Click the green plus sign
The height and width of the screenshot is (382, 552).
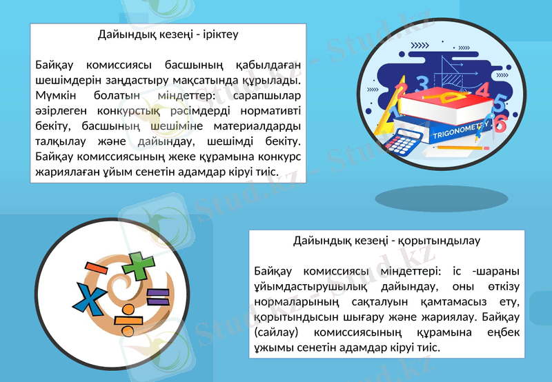(x=140, y=267)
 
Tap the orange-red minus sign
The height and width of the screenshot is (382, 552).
(x=95, y=268)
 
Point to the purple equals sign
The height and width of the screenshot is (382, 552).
(x=157, y=298)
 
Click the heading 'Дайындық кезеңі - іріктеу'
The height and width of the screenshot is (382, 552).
(x=168, y=33)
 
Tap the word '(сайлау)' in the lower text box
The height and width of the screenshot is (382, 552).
(x=277, y=332)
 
